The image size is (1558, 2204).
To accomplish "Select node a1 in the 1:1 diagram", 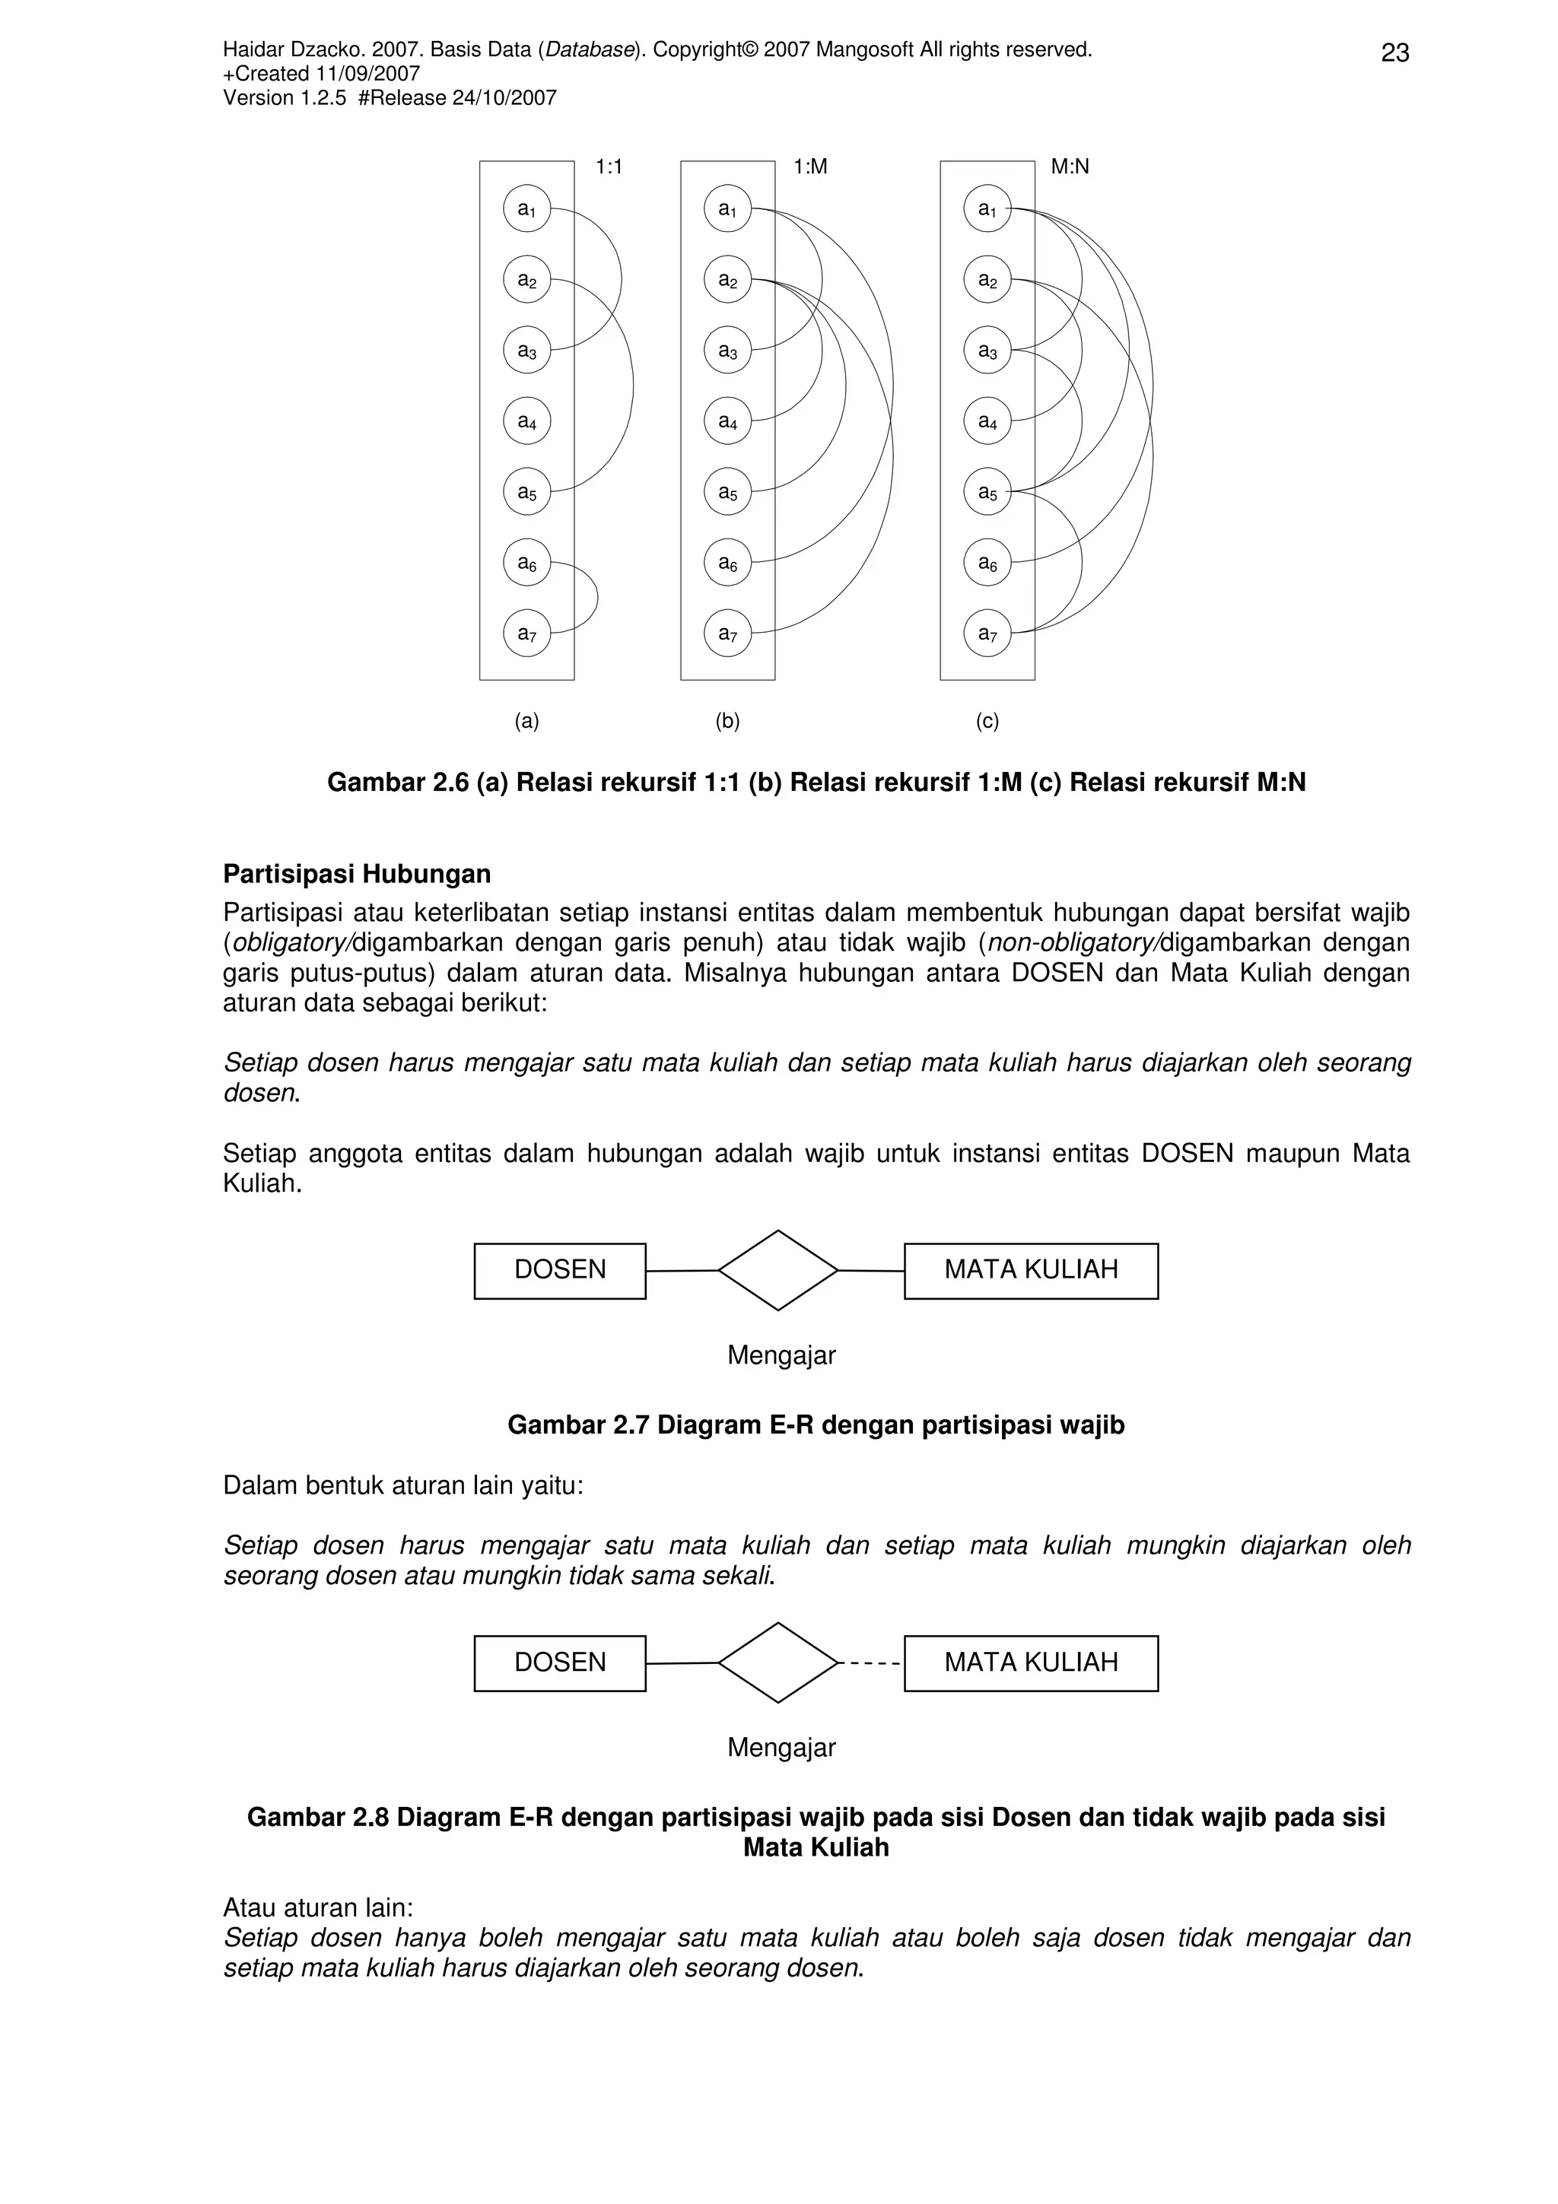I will [x=527, y=208].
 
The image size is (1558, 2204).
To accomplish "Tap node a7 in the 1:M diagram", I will [x=727, y=634].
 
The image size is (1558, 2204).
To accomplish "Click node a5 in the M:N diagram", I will [x=987, y=493].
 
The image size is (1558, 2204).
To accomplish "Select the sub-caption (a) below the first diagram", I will [x=527, y=721].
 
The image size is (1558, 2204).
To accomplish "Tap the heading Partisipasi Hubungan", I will [x=357, y=874].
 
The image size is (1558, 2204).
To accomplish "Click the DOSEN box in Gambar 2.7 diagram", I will [x=560, y=1270].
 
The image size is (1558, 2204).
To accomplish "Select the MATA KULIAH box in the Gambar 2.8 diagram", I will [x=1031, y=1663].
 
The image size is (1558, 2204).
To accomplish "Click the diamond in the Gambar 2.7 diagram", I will [x=777, y=1270].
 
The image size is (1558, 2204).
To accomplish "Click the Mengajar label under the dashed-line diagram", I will [x=781, y=1747].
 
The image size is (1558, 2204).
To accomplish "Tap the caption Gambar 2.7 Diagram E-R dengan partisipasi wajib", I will [x=816, y=1424].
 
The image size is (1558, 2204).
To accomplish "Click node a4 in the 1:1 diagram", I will [x=527, y=421].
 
